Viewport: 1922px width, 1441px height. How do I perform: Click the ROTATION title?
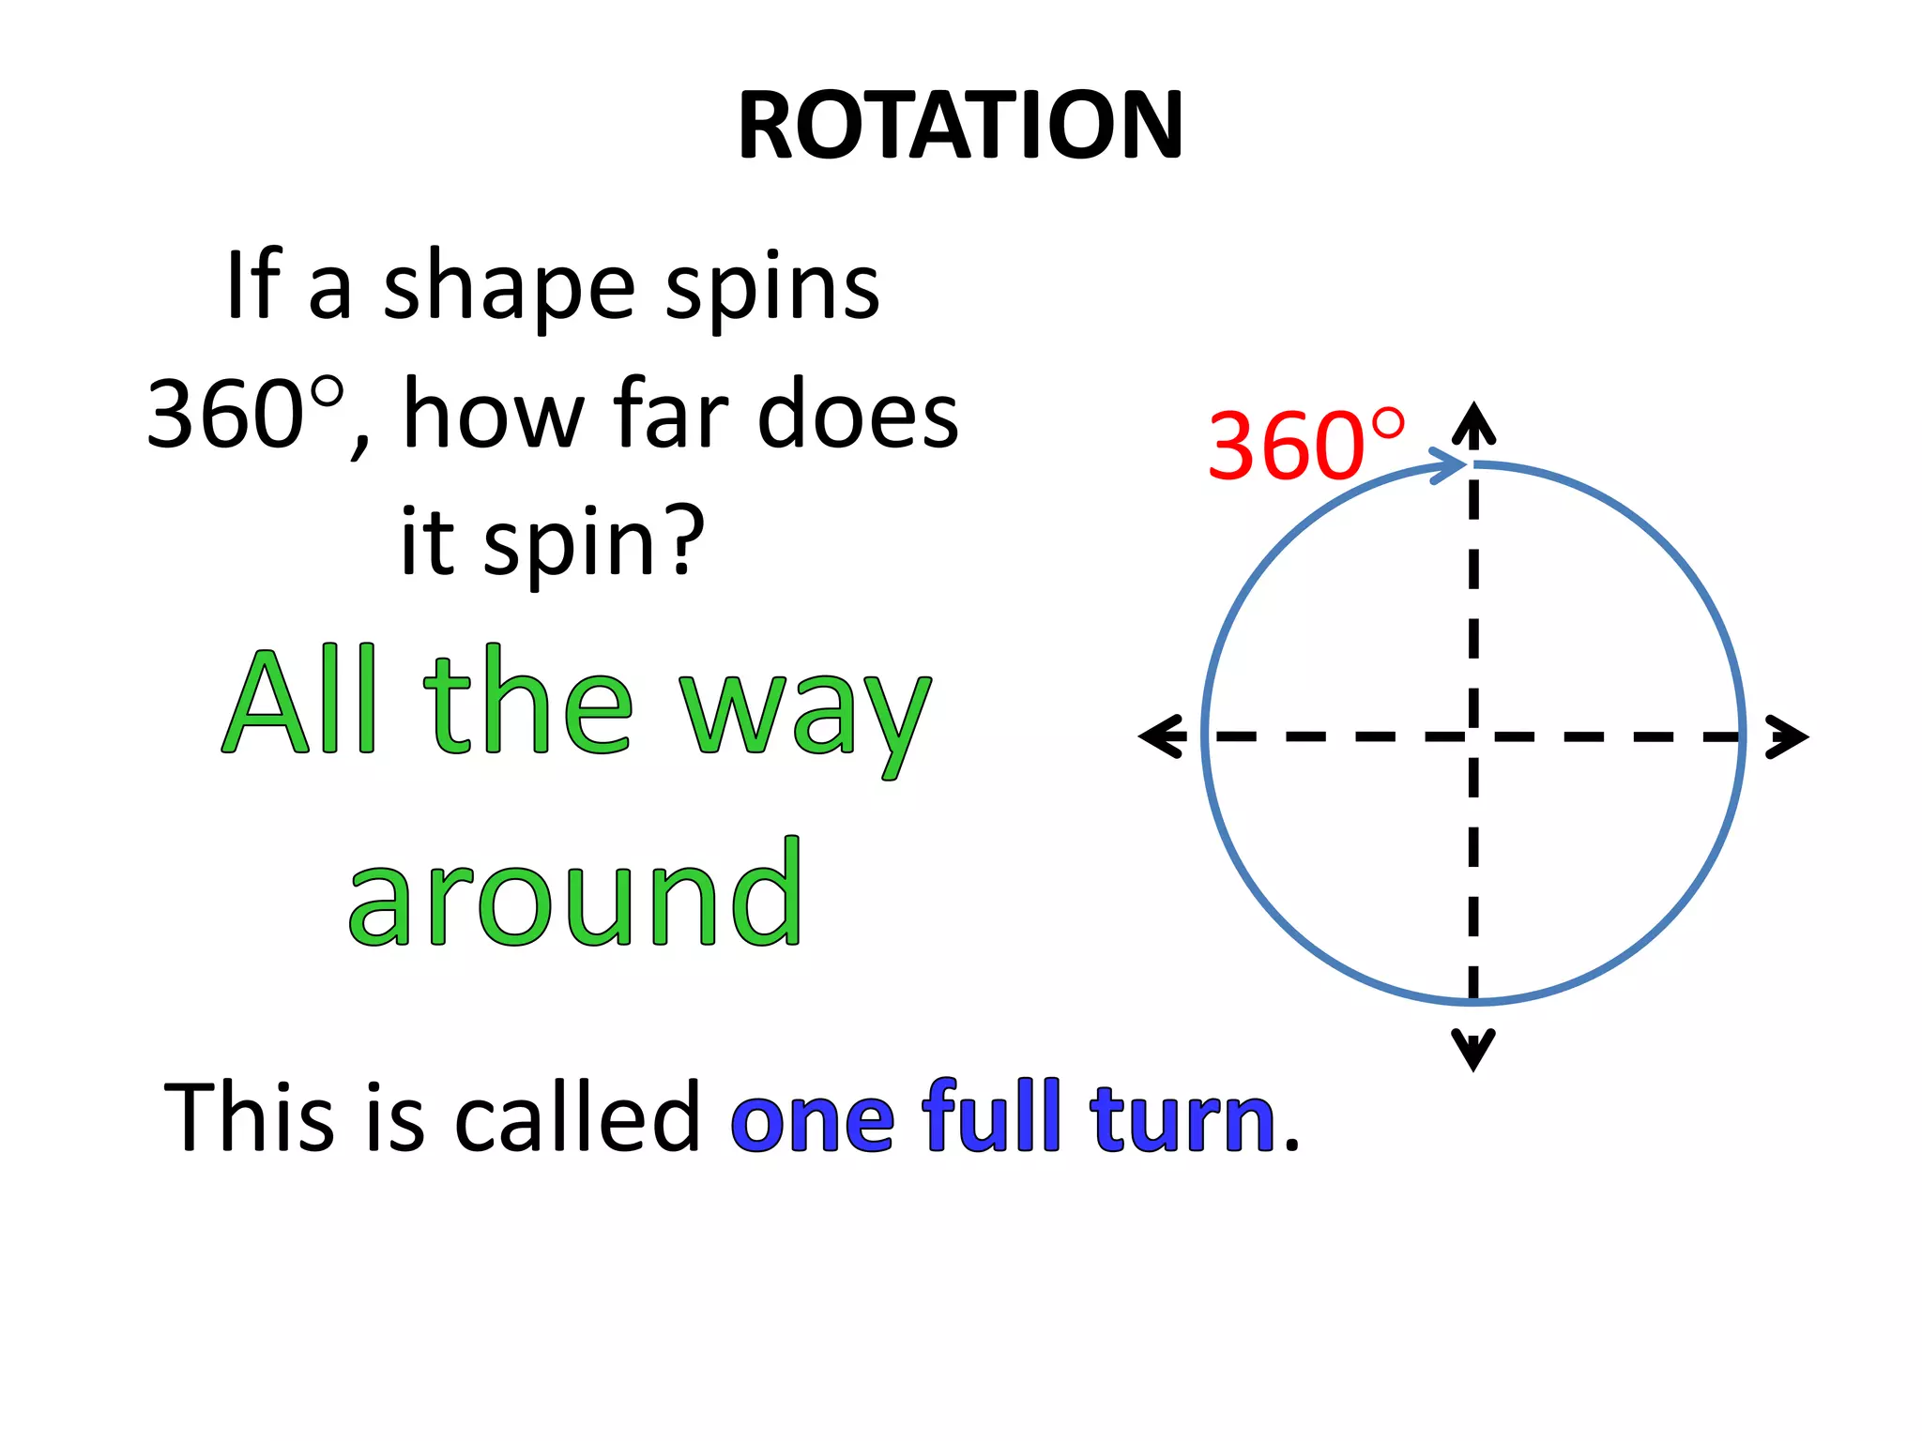(x=960, y=126)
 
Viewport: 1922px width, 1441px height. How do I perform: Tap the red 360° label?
(x=1305, y=446)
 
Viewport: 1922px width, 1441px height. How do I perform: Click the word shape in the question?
(x=509, y=288)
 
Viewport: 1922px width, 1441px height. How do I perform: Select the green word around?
(x=575, y=894)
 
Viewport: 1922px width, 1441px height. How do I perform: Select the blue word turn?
(x=1182, y=1118)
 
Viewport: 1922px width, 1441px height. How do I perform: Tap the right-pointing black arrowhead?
(x=1787, y=736)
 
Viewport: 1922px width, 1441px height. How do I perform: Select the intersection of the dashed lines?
(x=1473, y=736)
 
